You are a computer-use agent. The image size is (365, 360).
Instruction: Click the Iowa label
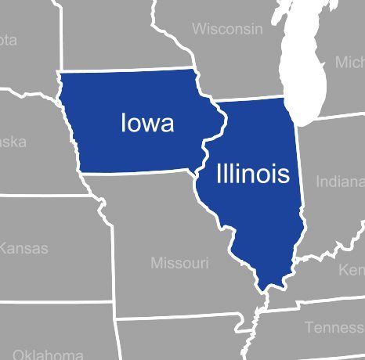[147, 123]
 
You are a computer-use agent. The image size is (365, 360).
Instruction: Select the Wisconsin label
[227, 29]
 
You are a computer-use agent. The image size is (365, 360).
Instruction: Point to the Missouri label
[179, 263]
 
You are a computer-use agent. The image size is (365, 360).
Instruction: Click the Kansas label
[23, 249]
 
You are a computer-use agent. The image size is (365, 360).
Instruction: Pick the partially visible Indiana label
[340, 182]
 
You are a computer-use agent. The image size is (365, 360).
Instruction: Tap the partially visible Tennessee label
[334, 327]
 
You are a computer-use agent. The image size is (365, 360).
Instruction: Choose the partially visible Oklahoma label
[48, 354]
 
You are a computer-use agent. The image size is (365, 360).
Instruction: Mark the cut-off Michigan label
[349, 62]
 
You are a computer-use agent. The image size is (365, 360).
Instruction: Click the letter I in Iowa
[124, 123]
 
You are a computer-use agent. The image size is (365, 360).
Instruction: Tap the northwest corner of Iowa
[60, 73]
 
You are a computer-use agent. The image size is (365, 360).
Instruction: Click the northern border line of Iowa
[125, 70]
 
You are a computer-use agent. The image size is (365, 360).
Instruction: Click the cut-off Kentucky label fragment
[351, 270]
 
